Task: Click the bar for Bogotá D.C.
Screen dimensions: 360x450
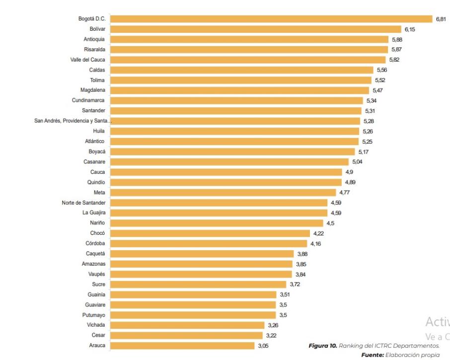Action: [271, 19]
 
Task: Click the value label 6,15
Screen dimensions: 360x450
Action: [410, 29]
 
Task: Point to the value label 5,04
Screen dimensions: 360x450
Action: [358, 162]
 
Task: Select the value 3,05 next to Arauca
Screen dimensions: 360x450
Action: [263, 346]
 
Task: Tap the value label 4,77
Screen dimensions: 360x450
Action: [345, 193]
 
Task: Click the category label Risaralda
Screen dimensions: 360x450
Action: [94, 50]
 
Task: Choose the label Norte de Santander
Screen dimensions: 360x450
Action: [83, 203]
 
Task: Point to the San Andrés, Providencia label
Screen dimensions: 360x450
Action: [73, 121]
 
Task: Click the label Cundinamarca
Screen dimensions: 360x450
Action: [88, 101]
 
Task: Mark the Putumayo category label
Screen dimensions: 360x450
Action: [94, 315]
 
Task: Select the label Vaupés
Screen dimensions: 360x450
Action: [96, 274]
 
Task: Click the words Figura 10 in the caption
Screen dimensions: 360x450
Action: [323, 346]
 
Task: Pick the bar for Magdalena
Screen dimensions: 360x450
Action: [239, 90]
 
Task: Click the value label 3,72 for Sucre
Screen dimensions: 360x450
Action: [295, 285]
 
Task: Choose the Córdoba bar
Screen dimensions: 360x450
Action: [209, 244]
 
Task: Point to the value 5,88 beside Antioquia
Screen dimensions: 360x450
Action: [397, 39]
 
